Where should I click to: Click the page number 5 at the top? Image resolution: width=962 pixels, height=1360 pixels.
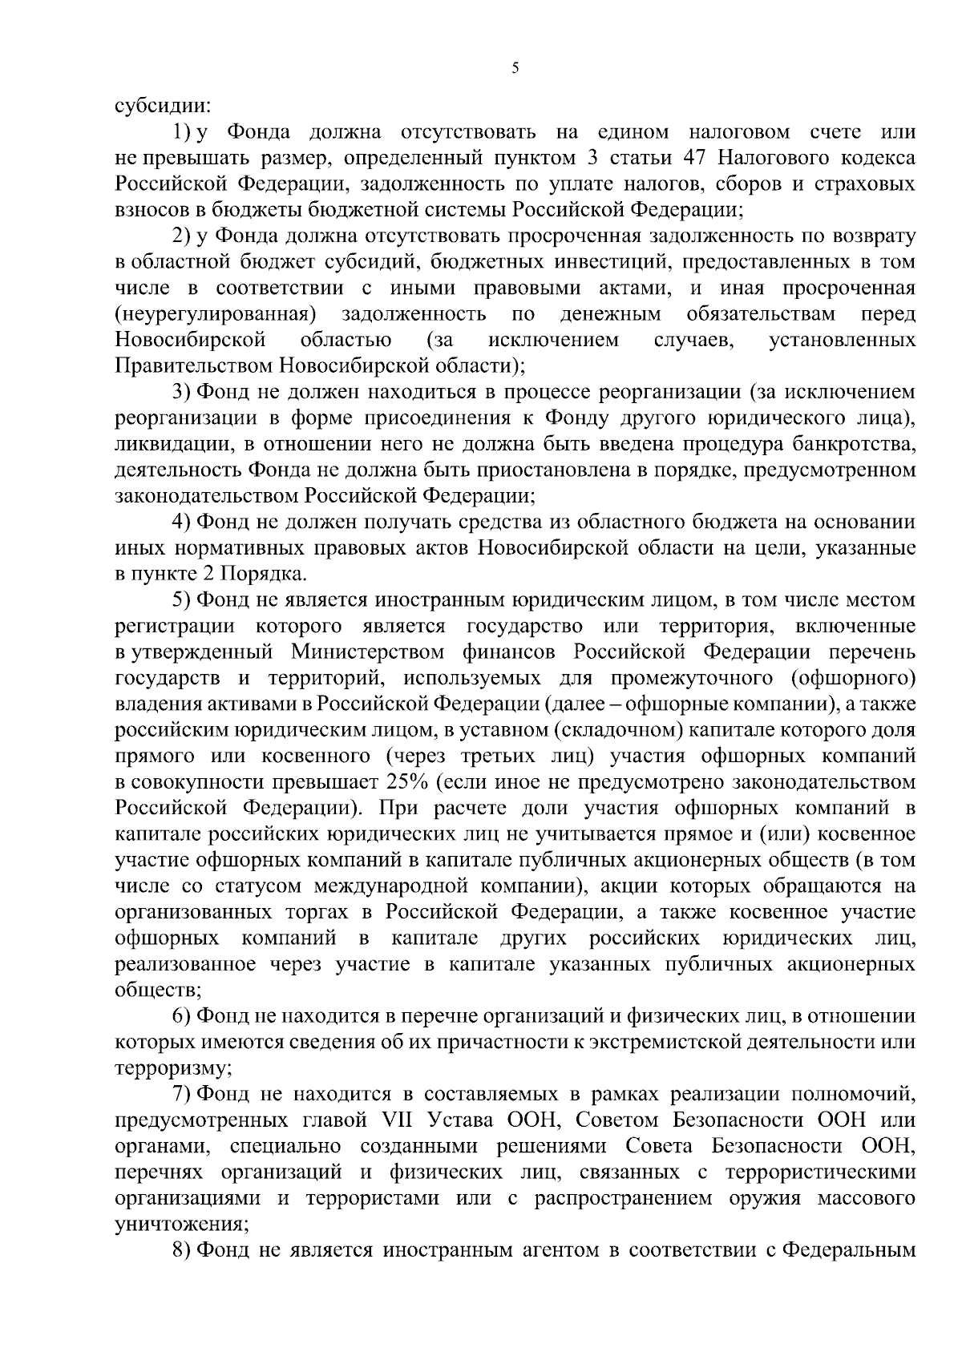tap(515, 70)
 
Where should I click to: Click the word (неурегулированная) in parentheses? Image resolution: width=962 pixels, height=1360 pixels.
tap(215, 313)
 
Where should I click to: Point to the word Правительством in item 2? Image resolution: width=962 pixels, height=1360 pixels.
tap(195, 365)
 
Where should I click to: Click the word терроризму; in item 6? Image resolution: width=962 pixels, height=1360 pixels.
tap(174, 1068)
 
